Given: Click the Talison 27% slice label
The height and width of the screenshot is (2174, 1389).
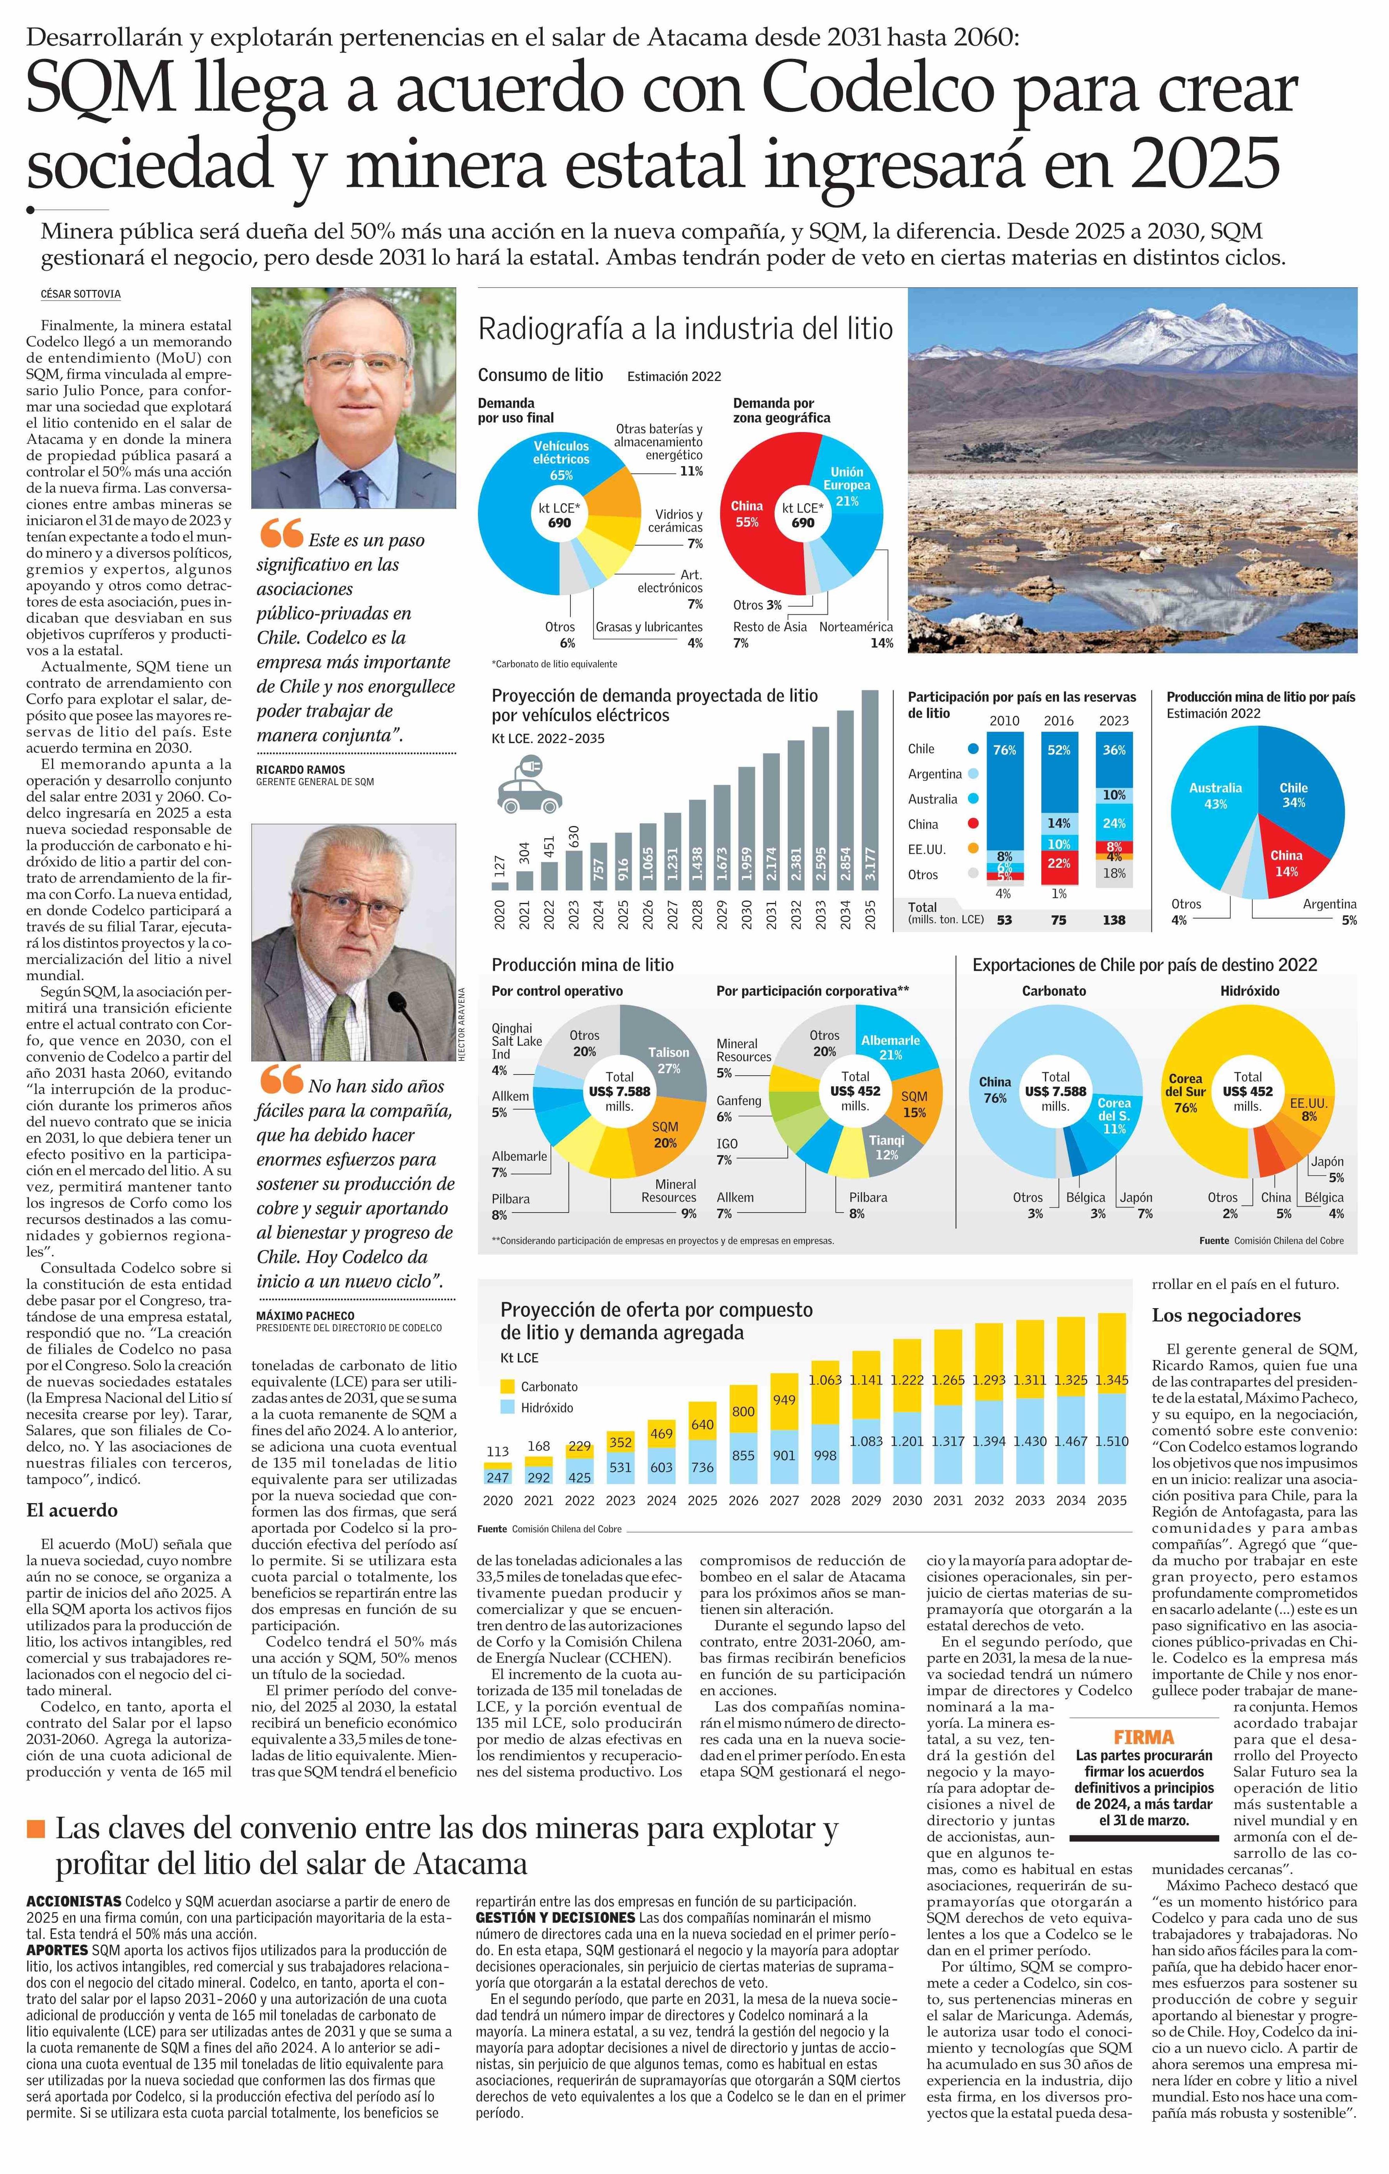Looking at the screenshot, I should (x=668, y=1059).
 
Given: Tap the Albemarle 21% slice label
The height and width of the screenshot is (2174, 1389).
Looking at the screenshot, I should (x=890, y=1047).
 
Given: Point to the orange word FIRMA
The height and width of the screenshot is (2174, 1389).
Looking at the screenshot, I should (x=1143, y=1736).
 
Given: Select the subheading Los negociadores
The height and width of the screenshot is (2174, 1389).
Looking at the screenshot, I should (x=1226, y=1314).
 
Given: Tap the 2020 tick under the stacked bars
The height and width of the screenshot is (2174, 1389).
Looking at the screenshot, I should (x=497, y=1500).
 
